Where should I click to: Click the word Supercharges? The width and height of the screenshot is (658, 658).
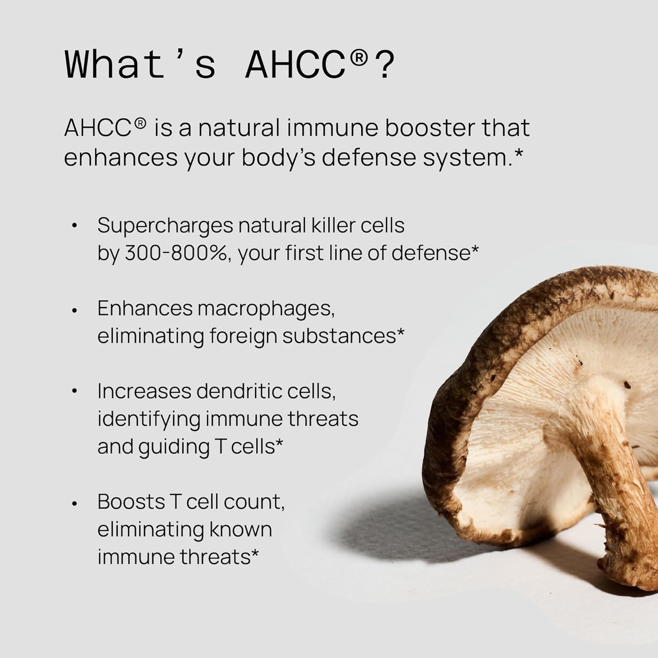[x=165, y=226]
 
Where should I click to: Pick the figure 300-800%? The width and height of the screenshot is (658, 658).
[x=177, y=253]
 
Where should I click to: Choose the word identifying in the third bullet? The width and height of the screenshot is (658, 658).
[x=148, y=419]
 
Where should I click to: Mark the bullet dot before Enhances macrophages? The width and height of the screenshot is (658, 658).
[x=75, y=310]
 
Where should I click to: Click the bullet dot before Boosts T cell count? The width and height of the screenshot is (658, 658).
[x=75, y=503]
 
